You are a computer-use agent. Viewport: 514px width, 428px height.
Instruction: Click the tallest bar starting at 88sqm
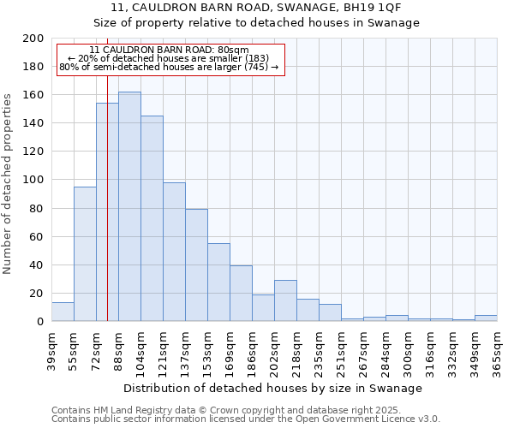coord(129,206)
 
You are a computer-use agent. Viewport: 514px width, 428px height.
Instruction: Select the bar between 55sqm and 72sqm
coord(85,253)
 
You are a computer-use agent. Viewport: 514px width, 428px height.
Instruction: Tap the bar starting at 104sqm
coord(152,218)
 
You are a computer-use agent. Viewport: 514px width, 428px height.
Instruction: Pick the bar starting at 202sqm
coord(285,300)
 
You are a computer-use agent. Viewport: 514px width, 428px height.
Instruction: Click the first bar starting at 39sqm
coord(63,312)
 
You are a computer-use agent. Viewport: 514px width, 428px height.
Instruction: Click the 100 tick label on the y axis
coord(33,180)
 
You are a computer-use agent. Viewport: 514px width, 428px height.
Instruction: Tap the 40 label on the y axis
coord(36,265)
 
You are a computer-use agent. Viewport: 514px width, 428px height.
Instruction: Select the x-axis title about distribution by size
coord(273,388)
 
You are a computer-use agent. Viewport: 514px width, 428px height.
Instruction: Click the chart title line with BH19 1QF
coord(256,7)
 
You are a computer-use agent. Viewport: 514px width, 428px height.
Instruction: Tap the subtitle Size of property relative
coord(256,23)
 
